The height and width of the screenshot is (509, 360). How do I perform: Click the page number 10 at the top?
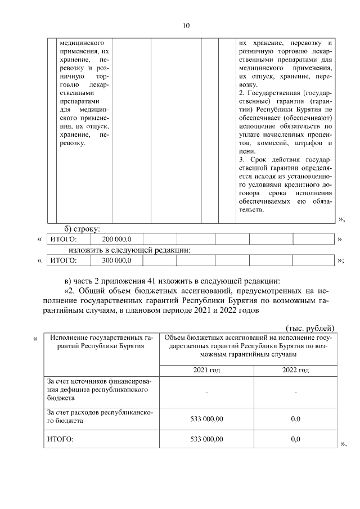[187, 25]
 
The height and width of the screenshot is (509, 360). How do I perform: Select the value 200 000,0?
[116, 240]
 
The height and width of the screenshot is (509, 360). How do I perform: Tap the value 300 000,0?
[116, 260]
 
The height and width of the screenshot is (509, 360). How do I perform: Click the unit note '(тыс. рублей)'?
[310, 328]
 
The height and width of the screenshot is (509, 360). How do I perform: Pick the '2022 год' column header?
[295, 370]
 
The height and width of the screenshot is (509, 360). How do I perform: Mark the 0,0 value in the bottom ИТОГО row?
[295, 439]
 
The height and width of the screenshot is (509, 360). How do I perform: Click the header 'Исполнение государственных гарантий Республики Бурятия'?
[102, 341]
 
